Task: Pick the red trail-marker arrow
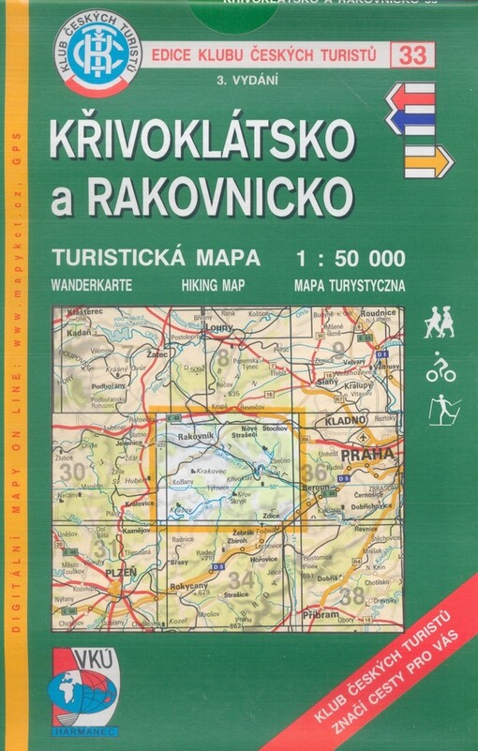click(x=409, y=97)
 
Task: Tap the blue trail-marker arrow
click(x=410, y=122)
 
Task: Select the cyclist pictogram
click(x=440, y=368)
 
